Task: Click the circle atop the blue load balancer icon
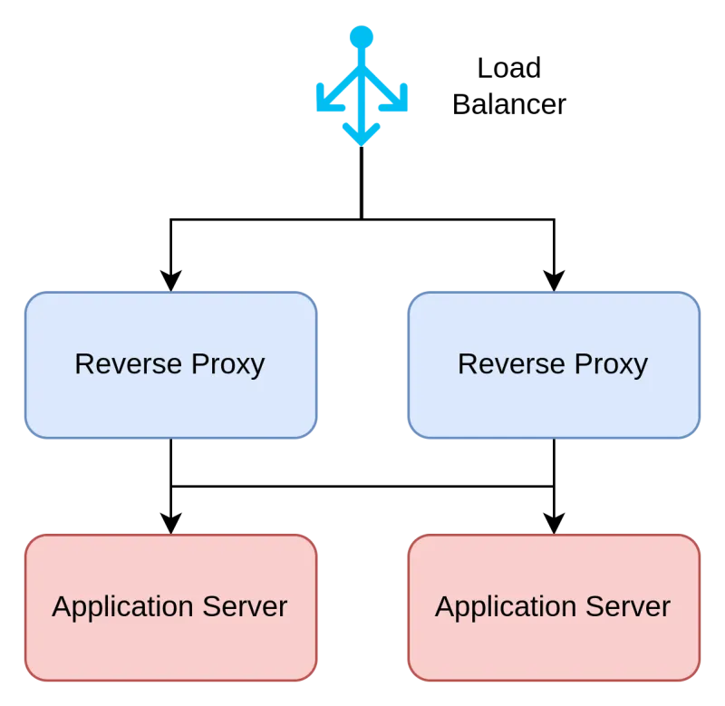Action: (362, 37)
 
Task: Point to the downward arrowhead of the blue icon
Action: (362, 136)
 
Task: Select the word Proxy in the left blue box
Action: (228, 365)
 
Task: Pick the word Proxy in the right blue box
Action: (612, 365)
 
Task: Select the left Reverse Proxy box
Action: (170, 399)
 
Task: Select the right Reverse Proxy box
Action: (554, 399)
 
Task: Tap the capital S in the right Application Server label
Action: (599, 606)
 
